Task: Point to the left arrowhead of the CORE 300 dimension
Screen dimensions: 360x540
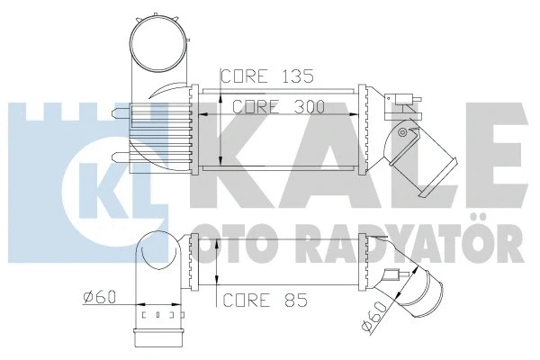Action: tap(200, 114)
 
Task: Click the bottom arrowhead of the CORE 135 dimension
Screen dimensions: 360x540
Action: tap(221, 157)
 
